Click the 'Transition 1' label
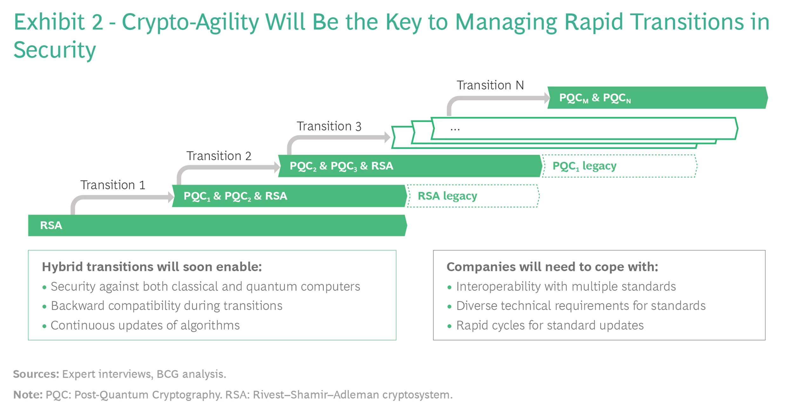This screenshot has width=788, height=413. (x=112, y=185)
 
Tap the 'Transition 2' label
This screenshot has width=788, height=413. (x=219, y=156)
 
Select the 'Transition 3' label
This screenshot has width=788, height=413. (x=329, y=126)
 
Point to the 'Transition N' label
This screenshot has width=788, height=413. (x=490, y=85)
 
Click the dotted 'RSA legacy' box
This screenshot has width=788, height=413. (x=473, y=196)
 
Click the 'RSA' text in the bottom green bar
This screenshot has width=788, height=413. (x=51, y=226)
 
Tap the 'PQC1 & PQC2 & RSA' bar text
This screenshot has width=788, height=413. (x=235, y=196)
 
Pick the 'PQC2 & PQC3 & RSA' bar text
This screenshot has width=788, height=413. (x=341, y=166)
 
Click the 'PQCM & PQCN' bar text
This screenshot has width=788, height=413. (x=594, y=98)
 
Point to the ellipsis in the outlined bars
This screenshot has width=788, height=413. (x=455, y=128)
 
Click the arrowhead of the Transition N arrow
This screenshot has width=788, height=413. (x=547, y=98)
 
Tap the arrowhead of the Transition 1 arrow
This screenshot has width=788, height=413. (x=171, y=197)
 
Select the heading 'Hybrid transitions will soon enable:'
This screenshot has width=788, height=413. (x=152, y=267)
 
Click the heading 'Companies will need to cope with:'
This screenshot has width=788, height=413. (x=552, y=267)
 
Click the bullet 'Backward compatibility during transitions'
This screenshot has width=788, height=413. (x=166, y=306)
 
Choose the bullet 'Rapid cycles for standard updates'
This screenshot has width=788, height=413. (x=550, y=325)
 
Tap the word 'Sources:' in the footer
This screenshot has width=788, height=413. (x=36, y=374)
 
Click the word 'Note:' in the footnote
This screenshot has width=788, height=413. (x=28, y=395)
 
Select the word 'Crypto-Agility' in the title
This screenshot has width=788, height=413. (x=190, y=22)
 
